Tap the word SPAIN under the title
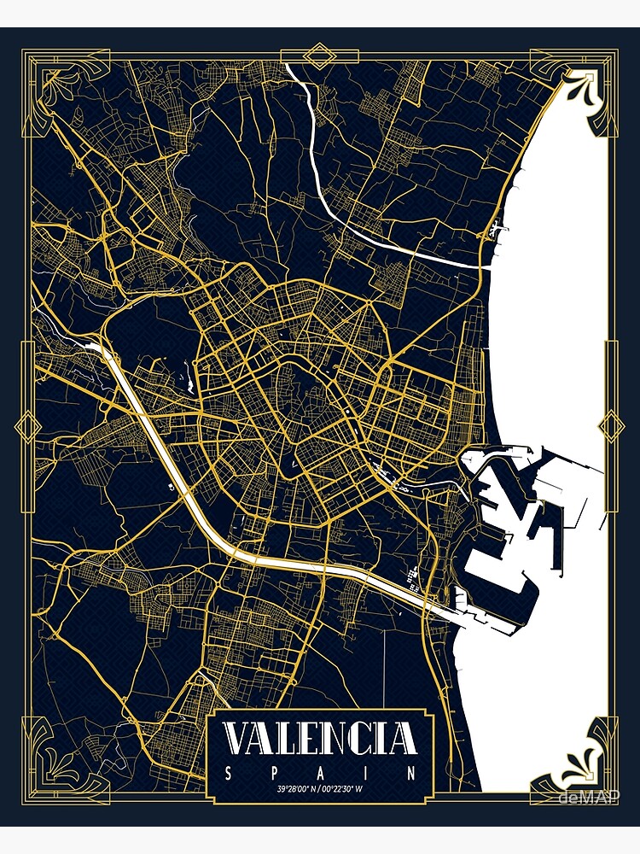pyautogui.click(x=320, y=774)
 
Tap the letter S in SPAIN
pyautogui.click(x=228, y=774)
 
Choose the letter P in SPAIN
pyautogui.click(x=275, y=774)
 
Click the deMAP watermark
pyautogui.click(x=589, y=798)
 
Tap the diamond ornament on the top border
pyautogui.click(x=320, y=57)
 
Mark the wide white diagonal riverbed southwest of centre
pyautogui.click(x=171, y=461)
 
